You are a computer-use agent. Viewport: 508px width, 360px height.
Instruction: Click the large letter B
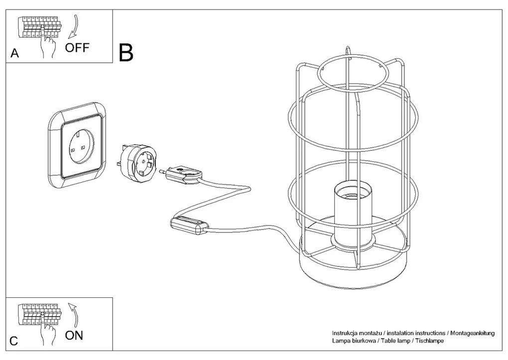tap(127, 52)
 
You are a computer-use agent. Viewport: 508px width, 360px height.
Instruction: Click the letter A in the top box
tap(15, 54)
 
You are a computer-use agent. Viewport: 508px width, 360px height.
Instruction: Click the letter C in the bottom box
tap(14, 341)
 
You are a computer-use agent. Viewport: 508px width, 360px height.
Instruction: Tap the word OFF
tap(77, 48)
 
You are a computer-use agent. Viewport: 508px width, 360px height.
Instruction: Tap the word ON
tap(74, 335)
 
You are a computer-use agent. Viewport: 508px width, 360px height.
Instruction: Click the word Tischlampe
tap(428, 341)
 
